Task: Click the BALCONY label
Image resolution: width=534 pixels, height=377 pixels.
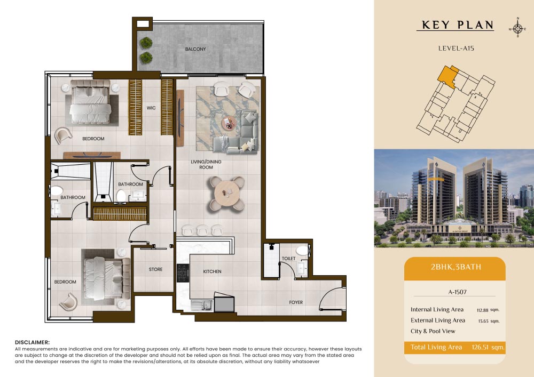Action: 195,49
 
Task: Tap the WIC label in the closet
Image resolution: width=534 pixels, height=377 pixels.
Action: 151,108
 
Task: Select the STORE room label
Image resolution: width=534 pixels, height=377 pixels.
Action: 155,269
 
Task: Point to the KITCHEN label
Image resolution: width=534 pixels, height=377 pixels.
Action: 212,271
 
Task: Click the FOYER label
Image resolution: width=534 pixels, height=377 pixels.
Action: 296,302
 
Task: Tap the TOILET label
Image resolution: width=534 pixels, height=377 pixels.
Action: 289,259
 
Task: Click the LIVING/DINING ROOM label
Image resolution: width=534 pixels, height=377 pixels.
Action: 206,165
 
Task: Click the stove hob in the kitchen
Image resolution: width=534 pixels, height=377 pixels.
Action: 183,272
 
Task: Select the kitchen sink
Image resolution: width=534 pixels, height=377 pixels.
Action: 202,306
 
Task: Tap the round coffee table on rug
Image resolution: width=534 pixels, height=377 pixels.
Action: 229,123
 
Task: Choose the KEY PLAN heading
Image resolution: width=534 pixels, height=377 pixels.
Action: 458,25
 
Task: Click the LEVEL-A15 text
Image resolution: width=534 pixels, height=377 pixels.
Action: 456,49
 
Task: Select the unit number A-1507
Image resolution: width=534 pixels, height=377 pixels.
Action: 458,292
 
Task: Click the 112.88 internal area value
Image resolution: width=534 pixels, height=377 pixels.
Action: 483,310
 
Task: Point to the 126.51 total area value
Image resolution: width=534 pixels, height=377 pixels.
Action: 480,347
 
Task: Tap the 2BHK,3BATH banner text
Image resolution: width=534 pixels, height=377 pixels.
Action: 456,267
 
